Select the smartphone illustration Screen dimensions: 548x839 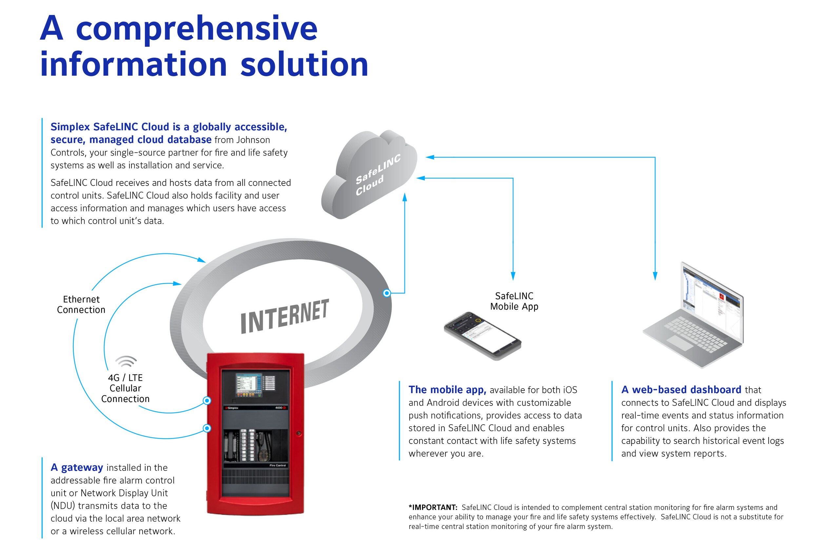[482, 336]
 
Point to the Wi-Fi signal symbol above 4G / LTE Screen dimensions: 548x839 [126, 361]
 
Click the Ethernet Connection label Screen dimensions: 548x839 [81, 305]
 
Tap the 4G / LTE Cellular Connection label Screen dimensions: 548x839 [125, 388]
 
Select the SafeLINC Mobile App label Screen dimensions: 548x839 [514, 301]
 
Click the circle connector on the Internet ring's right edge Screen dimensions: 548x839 [387, 293]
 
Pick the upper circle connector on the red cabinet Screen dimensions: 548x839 [207, 400]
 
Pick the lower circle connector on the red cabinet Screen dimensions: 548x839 [207, 428]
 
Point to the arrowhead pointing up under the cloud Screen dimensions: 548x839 [405, 197]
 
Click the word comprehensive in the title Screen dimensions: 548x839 [197, 29]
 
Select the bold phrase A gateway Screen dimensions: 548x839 [77, 467]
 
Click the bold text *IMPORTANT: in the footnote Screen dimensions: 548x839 [433, 507]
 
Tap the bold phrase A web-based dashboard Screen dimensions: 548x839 [681, 390]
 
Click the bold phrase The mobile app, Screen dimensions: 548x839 [447, 390]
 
